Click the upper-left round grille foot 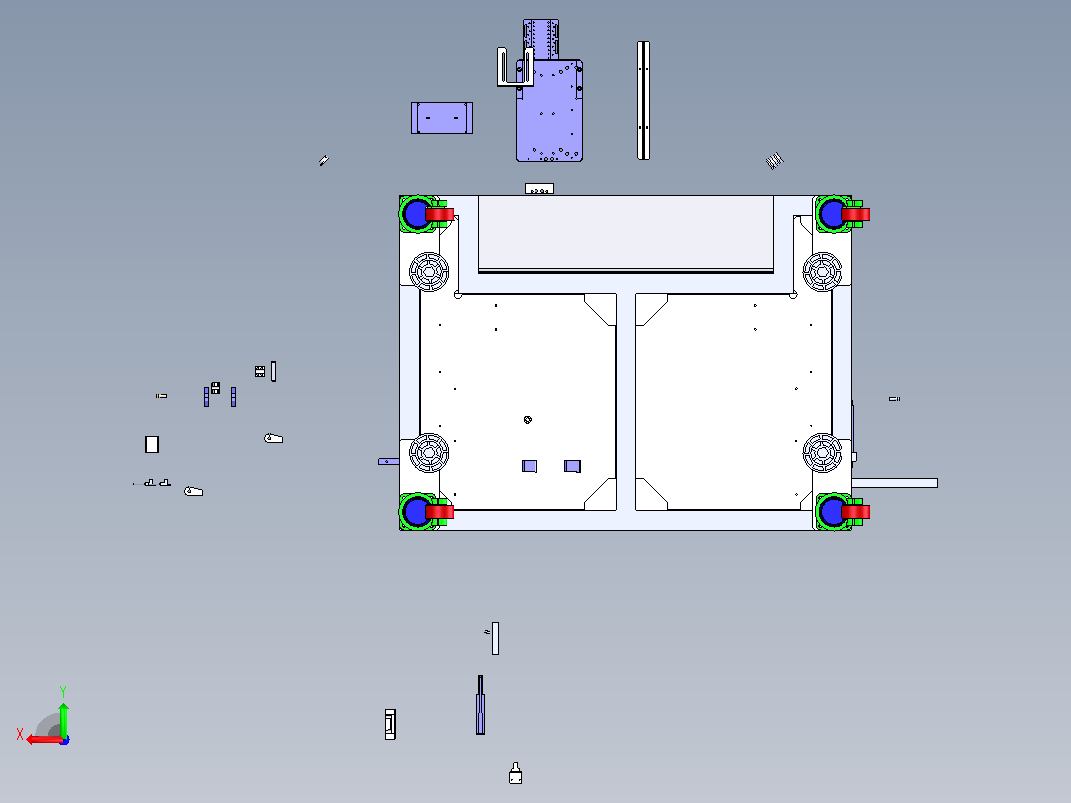click(x=429, y=272)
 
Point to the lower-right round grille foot click(x=823, y=452)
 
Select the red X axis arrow click(x=45, y=739)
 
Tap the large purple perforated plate click(x=549, y=110)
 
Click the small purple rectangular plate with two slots click(x=442, y=118)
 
